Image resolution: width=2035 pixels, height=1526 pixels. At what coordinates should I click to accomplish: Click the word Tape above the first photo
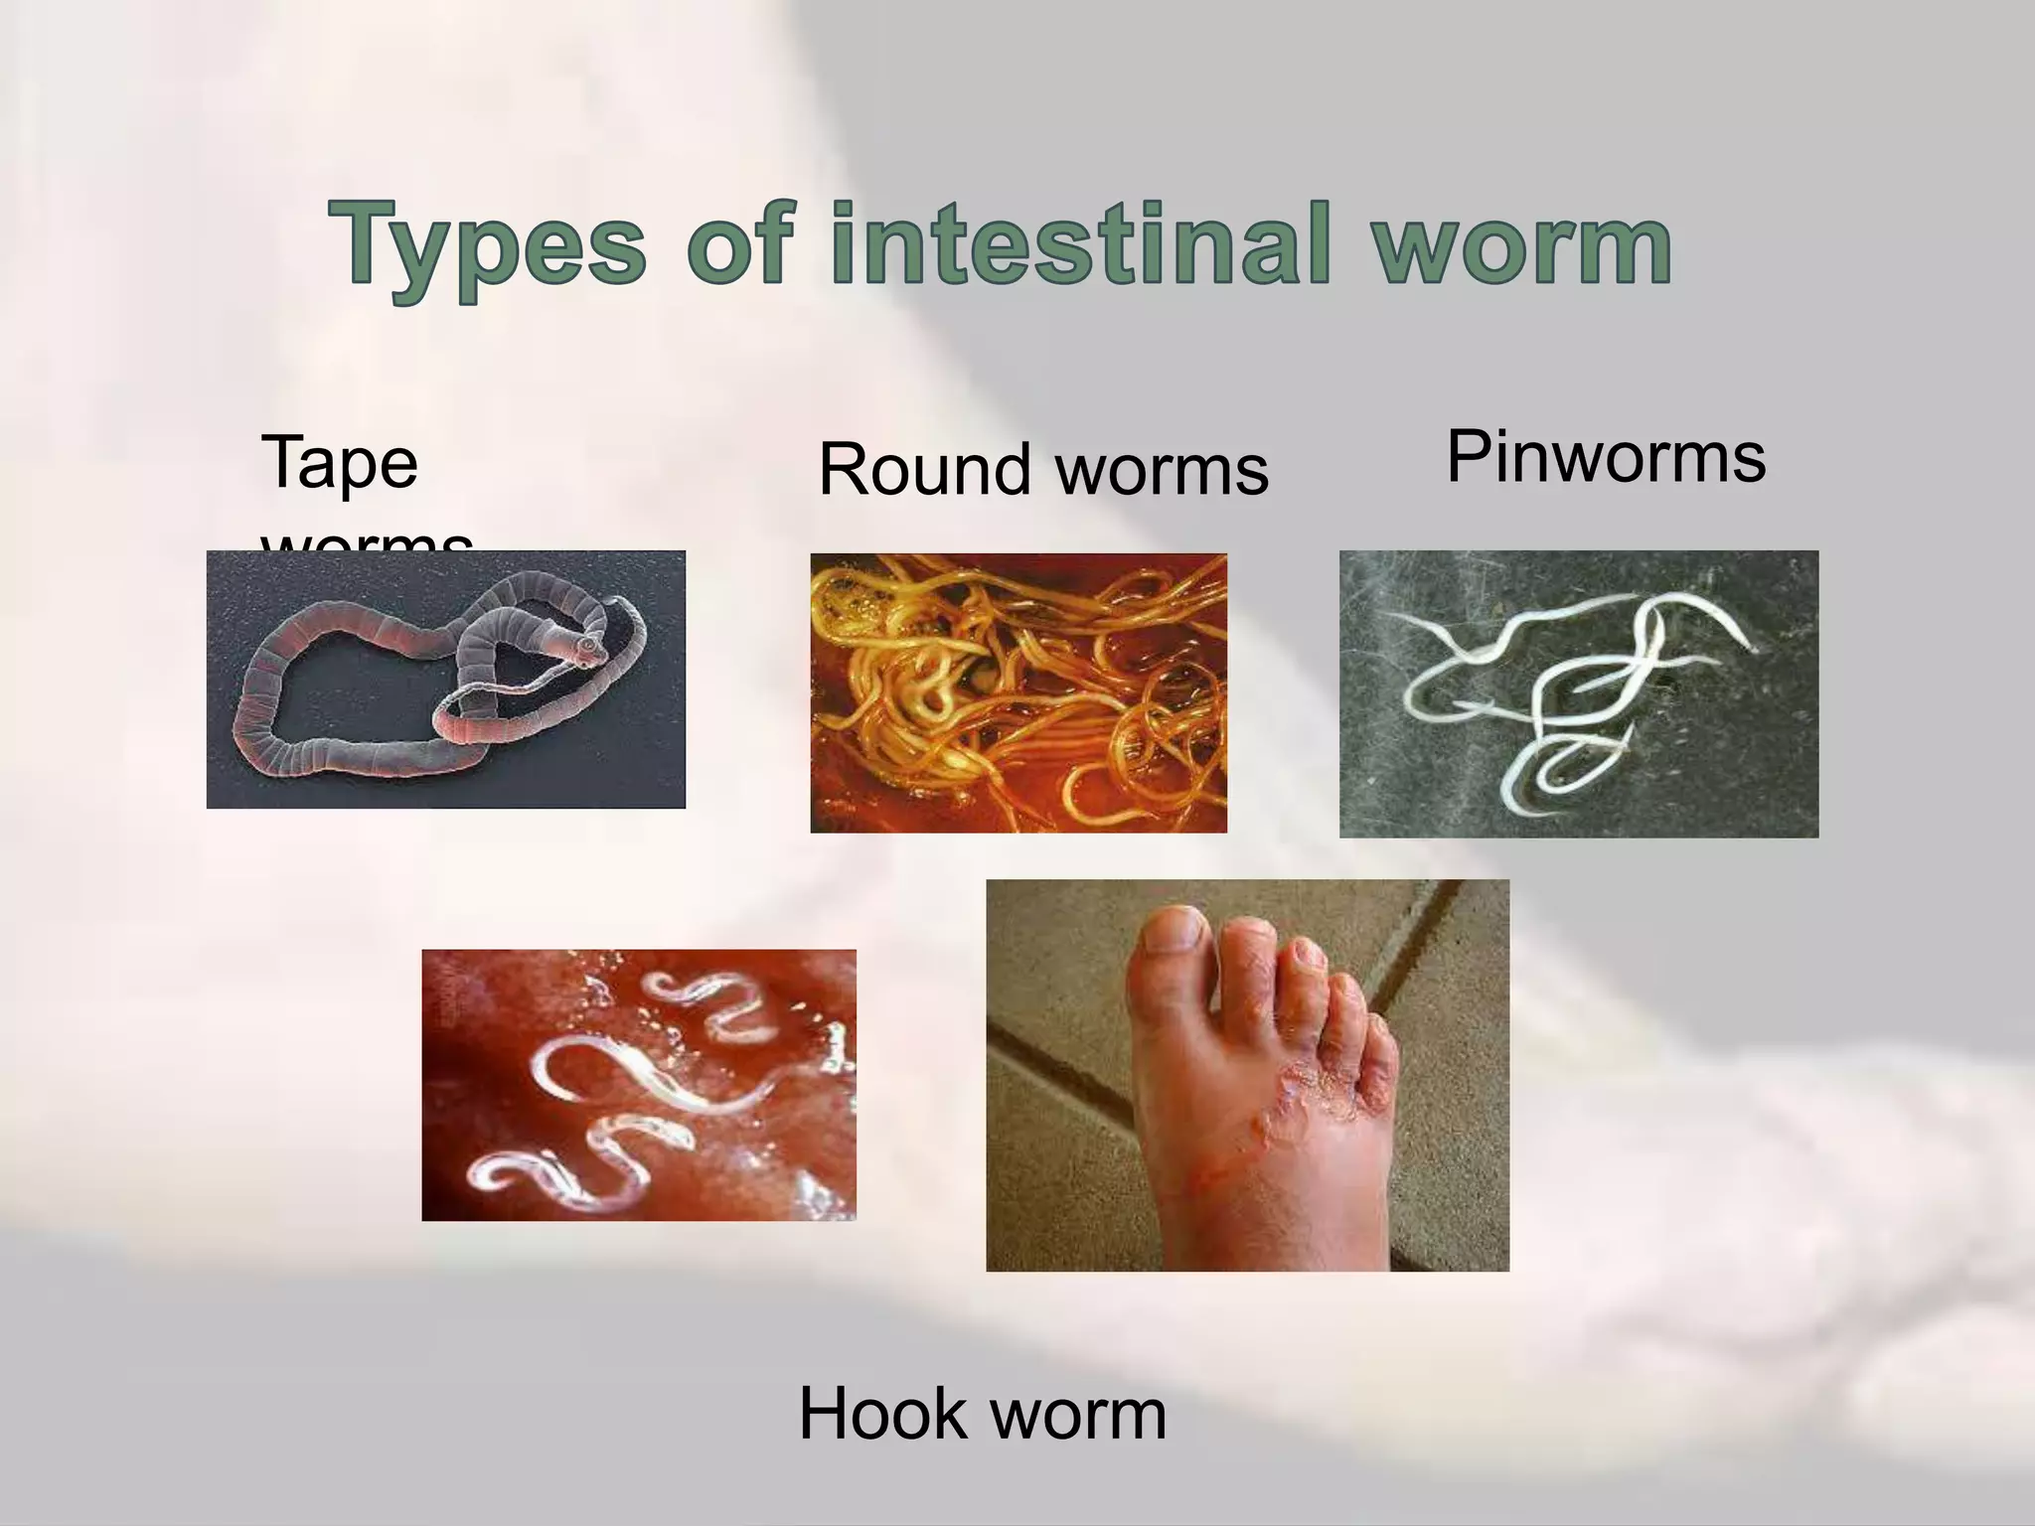coord(339,464)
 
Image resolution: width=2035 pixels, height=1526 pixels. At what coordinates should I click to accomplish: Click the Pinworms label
coord(1606,457)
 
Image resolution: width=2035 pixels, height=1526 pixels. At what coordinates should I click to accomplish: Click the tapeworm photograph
coord(445,679)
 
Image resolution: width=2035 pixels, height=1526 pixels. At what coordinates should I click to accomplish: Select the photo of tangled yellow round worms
coord(1018,692)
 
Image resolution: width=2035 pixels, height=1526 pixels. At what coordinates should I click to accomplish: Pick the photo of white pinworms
coord(1578,693)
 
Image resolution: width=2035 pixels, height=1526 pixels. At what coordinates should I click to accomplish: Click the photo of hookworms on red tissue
coord(638,1085)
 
